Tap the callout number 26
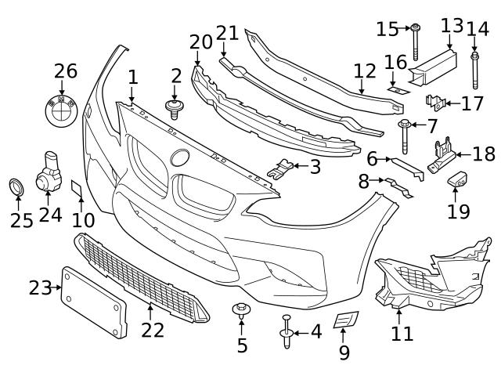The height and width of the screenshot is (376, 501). pyautogui.click(x=66, y=71)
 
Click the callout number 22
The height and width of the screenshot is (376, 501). pyautogui.click(x=153, y=329)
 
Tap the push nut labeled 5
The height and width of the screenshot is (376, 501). pyautogui.click(x=241, y=310)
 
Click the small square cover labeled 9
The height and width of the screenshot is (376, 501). pyautogui.click(x=345, y=320)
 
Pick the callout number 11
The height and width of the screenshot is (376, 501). pyautogui.click(x=402, y=334)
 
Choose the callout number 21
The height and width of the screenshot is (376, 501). pyautogui.click(x=227, y=34)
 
